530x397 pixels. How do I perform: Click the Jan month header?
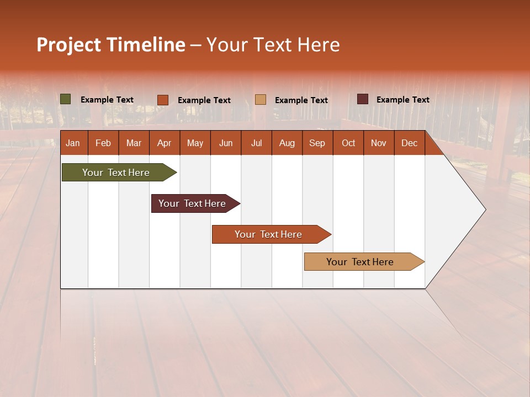(x=73, y=143)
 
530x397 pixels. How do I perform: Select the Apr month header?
(x=164, y=143)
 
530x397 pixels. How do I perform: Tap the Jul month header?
(x=256, y=143)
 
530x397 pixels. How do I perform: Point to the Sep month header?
(x=317, y=143)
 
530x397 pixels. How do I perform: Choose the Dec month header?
(x=409, y=143)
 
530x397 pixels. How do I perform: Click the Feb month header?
(x=103, y=143)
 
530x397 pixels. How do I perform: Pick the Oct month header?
(x=348, y=143)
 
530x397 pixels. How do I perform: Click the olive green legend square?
(x=66, y=99)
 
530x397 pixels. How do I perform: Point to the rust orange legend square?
(x=163, y=100)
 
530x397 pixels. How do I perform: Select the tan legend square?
(x=261, y=99)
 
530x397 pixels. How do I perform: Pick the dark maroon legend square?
(x=363, y=99)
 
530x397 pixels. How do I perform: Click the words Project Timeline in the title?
(x=111, y=45)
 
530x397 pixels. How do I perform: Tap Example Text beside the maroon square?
(x=402, y=100)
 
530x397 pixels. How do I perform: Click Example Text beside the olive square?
(x=107, y=100)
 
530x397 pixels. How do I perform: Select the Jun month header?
(x=225, y=143)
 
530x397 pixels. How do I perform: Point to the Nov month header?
(x=378, y=143)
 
